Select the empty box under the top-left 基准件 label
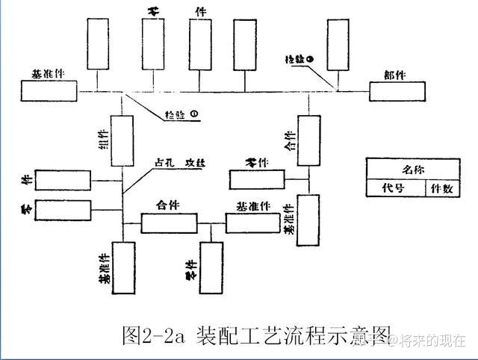coord(49,91)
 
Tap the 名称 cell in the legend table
coord(412,170)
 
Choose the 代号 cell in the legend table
coord(393,188)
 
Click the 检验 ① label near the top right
coord(302,58)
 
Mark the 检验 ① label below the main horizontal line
coord(182,114)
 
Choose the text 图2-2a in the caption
coord(153,336)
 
